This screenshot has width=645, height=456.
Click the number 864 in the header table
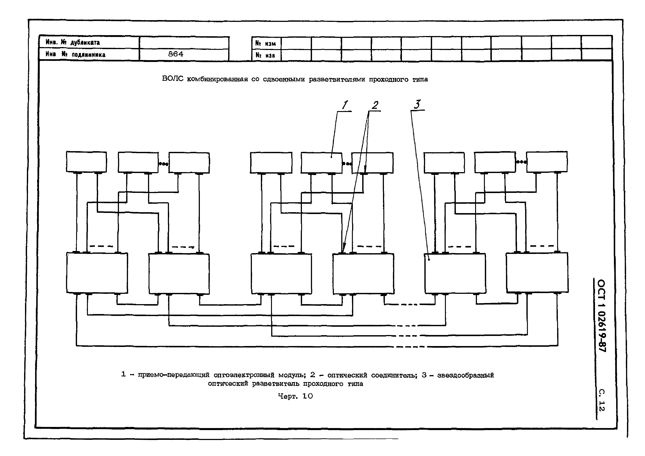pyautogui.click(x=176, y=54)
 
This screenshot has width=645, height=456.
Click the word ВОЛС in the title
pyautogui.click(x=172, y=79)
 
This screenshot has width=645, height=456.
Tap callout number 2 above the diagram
pyautogui.click(x=375, y=105)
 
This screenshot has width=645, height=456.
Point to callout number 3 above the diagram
pyautogui.click(x=417, y=104)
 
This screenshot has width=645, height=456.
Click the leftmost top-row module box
pyautogui.click(x=86, y=162)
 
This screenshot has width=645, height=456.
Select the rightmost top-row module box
pyautogui.click(x=547, y=162)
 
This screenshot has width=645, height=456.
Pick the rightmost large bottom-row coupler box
pyautogui.click(x=537, y=272)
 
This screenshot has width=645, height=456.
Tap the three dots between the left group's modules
pyautogui.click(x=163, y=163)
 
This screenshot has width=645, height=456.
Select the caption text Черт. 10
pyautogui.click(x=295, y=396)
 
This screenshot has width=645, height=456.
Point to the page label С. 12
pyautogui.click(x=601, y=400)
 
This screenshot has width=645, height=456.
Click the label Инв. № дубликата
pyautogui.click(x=73, y=42)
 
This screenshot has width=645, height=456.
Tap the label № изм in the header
pyautogui.click(x=266, y=44)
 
